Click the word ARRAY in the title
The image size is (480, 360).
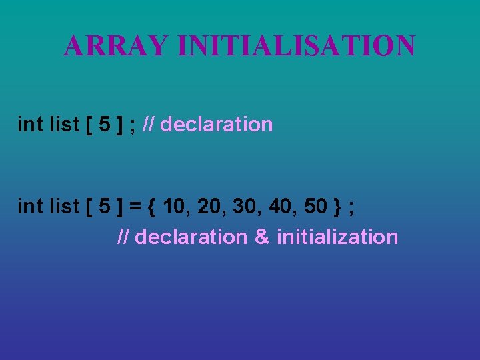(116, 46)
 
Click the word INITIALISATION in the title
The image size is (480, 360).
(297, 46)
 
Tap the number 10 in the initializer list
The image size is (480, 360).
(175, 207)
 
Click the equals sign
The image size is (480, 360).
(135, 207)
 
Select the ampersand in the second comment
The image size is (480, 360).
(262, 237)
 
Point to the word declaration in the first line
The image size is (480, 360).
(217, 124)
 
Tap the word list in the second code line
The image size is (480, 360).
(65, 207)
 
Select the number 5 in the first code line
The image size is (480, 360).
(104, 124)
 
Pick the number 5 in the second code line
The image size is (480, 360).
(104, 207)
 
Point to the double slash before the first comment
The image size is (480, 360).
(149, 124)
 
